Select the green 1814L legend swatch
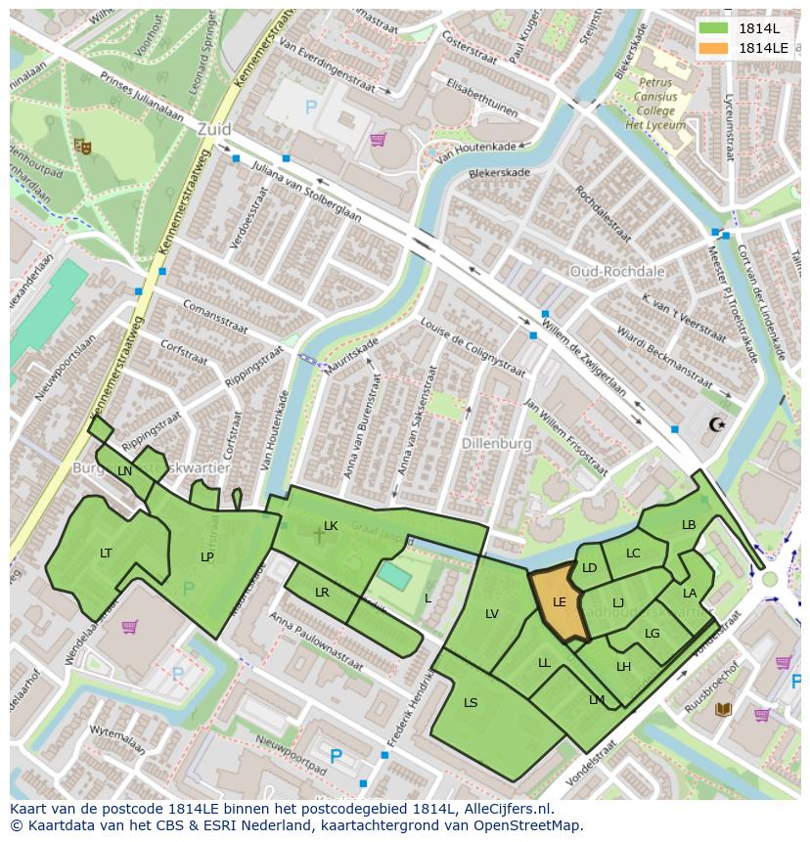coord(713,27)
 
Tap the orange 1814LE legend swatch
coord(713,47)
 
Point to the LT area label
coord(106,554)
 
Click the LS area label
coord(471,703)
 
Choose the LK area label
coord(331,526)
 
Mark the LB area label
coord(689,525)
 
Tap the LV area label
coord(492,614)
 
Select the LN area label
coord(124,471)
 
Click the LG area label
coord(652,634)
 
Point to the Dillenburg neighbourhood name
coord(498,443)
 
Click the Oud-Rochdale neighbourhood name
coord(617,271)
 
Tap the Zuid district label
coord(213,128)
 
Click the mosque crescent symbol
coord(718,423)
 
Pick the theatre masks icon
coord(82,146)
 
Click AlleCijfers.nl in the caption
coord(506,809)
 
